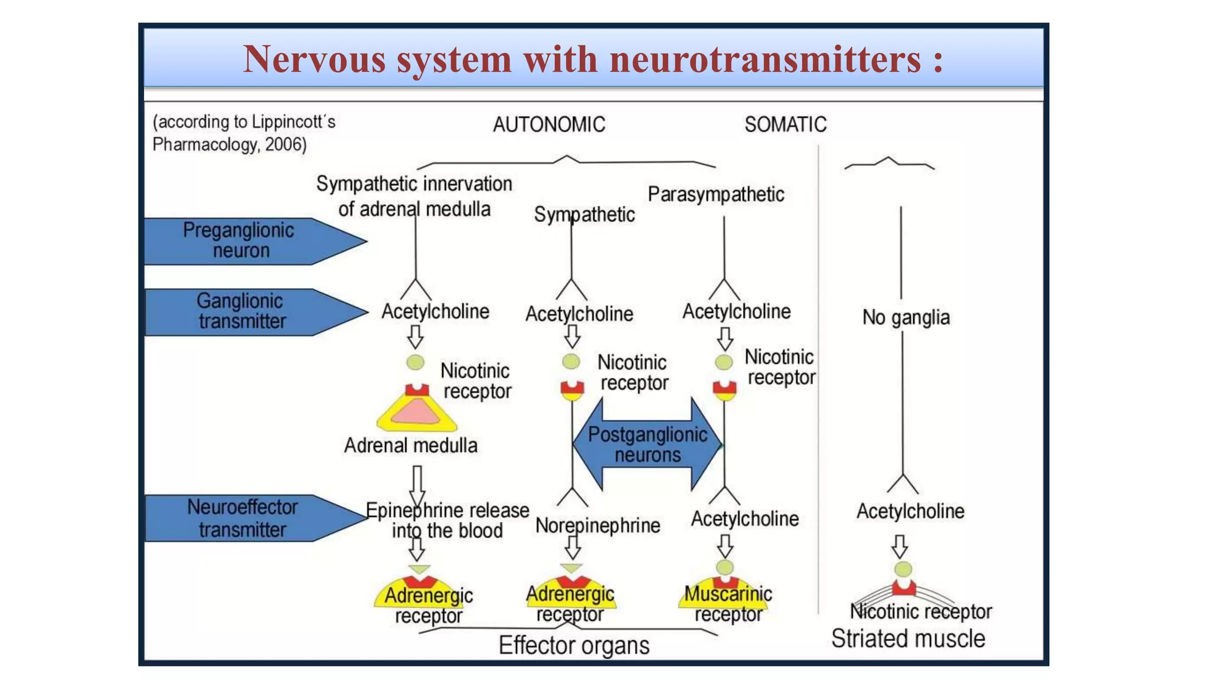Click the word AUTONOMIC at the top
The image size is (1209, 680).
[x=549, y=125]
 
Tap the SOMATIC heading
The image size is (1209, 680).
[x=785, y=125]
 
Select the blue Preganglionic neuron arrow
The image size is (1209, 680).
[x=248, y=241]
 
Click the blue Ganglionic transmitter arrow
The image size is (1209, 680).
[x=248, y=312]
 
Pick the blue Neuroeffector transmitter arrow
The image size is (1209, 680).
[x=248, y=518]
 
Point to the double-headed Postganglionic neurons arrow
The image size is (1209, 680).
[x=647, y=444]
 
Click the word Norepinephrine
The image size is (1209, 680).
[x=597, y=525]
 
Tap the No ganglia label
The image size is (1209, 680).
[x=906, y=318]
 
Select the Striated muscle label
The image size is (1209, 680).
[x=908, y=639]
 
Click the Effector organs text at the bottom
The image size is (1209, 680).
[x=574, y=645]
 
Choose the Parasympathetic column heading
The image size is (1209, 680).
[x=715, y=194]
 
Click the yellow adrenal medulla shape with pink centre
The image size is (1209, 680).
[x=417, y=413]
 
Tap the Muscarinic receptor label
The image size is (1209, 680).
[x=728, y=604]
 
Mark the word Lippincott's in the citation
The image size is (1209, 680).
[x=293, y=122]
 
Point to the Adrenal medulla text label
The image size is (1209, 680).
[x=411, y=445]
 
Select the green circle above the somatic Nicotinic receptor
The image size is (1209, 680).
[x=903, y=569]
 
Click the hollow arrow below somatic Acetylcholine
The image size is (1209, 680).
[x=900, y=546]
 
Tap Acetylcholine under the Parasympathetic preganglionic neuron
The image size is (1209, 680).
[x=736, y=312]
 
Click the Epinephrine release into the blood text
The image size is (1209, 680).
[x=447, y=520]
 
